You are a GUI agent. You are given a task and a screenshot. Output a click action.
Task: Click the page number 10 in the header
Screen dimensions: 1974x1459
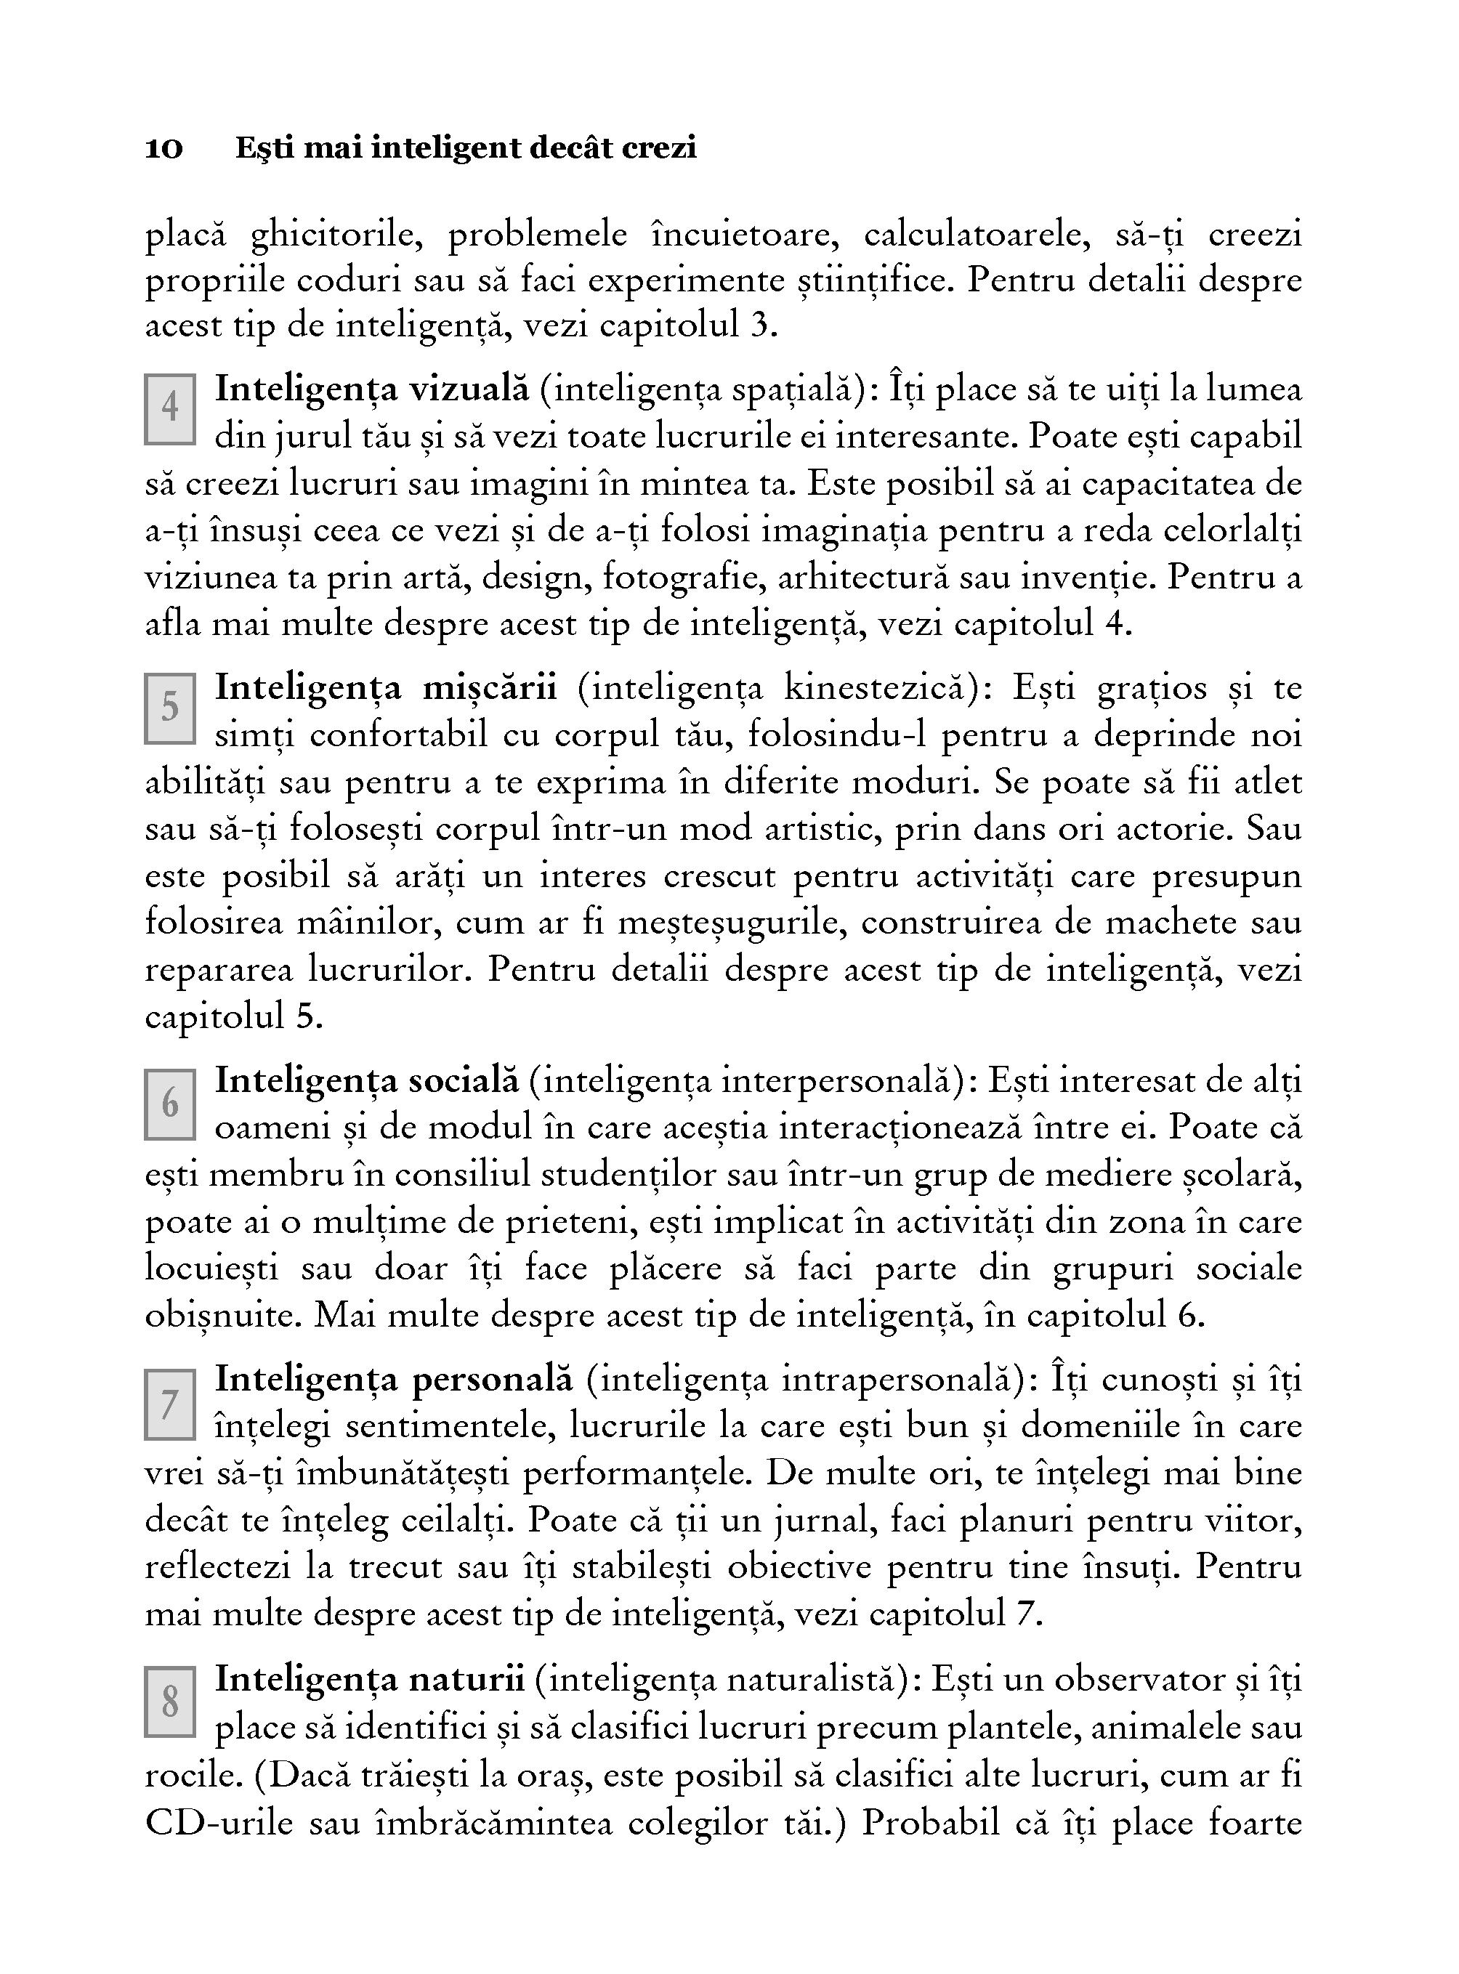(164, 148)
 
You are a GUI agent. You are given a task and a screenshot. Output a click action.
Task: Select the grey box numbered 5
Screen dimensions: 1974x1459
(169, 707)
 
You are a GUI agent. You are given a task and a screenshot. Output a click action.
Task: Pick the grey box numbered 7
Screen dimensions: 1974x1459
(169, 1404)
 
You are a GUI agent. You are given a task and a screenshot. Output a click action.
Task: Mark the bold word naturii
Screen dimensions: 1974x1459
(466, 1679)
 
